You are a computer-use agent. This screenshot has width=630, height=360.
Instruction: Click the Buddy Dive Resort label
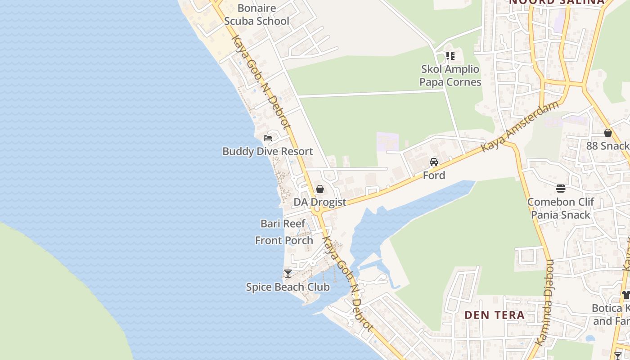[x=268, y=152]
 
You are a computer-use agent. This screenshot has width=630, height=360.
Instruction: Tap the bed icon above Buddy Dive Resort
[x=268, y=138]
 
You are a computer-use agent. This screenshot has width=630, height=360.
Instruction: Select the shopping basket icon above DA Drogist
[x=319, y=189]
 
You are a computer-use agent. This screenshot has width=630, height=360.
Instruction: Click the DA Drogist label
[x=320, y=202]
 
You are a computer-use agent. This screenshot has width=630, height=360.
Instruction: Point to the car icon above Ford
[x=434, y=162]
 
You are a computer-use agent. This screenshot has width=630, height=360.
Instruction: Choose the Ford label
[x=434, y=175]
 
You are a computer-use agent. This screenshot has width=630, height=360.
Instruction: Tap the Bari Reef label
[x=283, y=224]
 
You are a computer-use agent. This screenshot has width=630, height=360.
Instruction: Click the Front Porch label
[x=284, y=241]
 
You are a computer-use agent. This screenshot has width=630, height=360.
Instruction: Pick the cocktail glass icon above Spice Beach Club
[x=288, y=273]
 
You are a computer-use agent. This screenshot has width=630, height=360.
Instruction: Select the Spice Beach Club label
[x=288, y=287]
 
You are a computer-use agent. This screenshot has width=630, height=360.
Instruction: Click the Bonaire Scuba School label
[x=256, y=14]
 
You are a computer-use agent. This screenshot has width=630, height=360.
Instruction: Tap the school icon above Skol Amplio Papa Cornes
[x=450, y=56]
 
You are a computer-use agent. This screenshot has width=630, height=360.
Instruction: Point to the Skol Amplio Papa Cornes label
[x=450, y=76]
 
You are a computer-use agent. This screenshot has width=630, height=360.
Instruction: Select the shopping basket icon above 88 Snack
[x=608, y=133]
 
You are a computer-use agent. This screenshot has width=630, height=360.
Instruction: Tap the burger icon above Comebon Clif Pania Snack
[x=561, y=188]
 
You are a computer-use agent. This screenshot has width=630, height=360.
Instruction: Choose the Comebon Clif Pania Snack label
[x=561, y=208]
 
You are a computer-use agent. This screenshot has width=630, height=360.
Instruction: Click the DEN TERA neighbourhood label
[x=495, y=315]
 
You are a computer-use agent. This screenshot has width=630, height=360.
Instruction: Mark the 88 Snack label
[x=607, y=146]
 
